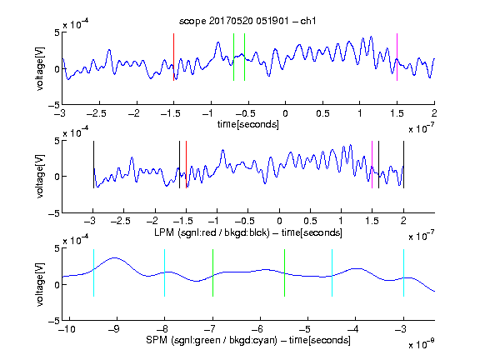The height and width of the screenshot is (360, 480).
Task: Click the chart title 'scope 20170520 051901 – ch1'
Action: [x=247, y=21]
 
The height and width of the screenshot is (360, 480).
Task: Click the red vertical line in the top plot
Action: [x=173, y=57]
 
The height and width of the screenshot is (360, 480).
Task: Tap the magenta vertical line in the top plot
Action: [x=397, y=57]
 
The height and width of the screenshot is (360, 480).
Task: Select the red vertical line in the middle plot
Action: [x=186, y=165]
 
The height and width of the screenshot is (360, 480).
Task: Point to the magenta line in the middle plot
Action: [x=372, y=165]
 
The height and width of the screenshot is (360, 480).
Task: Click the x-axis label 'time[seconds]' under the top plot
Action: [x=248, y=124]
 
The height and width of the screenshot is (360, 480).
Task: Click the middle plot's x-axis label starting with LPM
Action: [x=248, y=232]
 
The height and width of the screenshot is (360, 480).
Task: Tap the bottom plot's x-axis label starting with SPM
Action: [x=248, y=340]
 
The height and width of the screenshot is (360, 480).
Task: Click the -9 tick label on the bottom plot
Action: [x=114, y=329]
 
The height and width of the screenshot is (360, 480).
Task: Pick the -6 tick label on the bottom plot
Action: [x=257, y=329]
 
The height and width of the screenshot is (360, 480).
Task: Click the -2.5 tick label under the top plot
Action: [x=96, y=113]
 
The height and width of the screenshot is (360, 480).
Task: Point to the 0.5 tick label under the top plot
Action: [x=322, y=113]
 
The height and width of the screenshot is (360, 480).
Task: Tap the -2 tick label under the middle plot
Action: [x=152, y=221]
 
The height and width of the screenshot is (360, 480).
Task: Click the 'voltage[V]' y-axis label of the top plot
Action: [x=40, y=69]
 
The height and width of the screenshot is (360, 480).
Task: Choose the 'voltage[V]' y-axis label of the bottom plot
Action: [x=40, y=285]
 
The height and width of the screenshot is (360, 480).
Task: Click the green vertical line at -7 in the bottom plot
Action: [x=212, y=272]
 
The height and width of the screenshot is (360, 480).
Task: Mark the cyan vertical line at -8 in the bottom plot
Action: [x=165, y=272]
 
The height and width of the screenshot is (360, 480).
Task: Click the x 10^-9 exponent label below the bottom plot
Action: [x=421, y=344]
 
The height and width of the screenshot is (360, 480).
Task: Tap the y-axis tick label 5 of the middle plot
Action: [x=57, y=141]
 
